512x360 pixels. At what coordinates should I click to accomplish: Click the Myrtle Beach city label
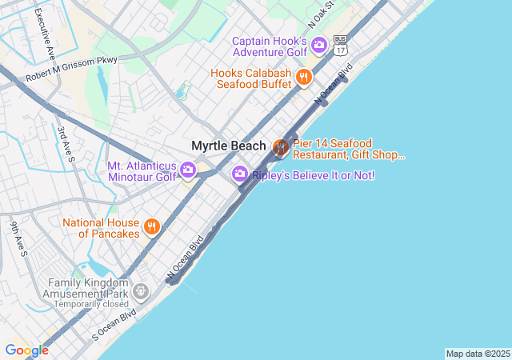(228, 146)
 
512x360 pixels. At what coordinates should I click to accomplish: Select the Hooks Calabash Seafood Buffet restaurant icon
(303, 78)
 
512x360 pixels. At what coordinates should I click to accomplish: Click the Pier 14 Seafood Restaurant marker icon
(281, 147)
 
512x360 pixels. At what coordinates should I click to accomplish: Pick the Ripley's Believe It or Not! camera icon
(239, 174)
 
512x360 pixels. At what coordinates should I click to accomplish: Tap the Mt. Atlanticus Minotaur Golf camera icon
(188, 170)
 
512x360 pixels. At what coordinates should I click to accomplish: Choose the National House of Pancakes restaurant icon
(152, 228)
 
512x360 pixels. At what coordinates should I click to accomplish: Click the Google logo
(26, 350)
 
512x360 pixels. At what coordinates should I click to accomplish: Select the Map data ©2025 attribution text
(478, 354)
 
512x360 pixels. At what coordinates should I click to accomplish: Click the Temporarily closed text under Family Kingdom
(88, 304)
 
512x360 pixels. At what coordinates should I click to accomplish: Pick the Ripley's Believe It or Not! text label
(314, 175)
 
